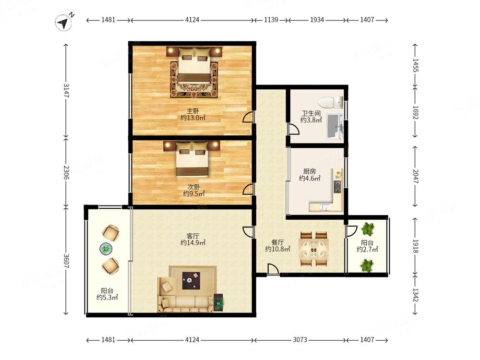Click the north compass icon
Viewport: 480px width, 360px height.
pos(64,22)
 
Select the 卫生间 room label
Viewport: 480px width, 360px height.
pos(311,113)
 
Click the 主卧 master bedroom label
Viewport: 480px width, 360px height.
pos(193,111)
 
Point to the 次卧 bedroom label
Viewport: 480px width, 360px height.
pos(194,186)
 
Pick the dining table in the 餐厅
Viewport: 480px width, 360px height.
pos(314,249)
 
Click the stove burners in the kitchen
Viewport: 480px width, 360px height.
pos(337,186)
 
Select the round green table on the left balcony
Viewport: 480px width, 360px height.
pos(106,248)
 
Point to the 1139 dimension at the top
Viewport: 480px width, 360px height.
pos(271,20)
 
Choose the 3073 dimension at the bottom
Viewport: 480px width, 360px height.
pos(300,340)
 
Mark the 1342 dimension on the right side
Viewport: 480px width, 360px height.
pos(415,295)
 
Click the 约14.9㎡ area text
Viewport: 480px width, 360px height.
pos(193,243)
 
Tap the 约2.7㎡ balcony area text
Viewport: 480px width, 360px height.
pos(367,249)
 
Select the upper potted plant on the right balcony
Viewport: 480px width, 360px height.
pos(367,228)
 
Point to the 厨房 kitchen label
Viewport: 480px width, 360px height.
pos(310,171)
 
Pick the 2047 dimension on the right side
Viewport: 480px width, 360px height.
pos(415,176)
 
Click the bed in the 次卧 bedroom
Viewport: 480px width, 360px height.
pos(192,159)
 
